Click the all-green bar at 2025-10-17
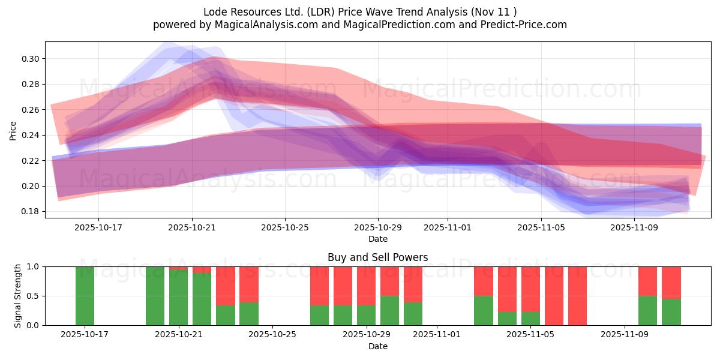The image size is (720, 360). pyautogui.click(x=85, y=296)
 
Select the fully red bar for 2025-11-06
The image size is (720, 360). pyautogui.click(x=554, y=296)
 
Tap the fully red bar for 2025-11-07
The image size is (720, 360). pyautogui.click(x=577, y=296)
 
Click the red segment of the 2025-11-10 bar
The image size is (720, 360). pyautogui.click(x=647, y=281)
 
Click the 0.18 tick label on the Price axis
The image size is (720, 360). pyautogui.click(x=31, y=212)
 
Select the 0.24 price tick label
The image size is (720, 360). pyautogui.click(x=31, y=135)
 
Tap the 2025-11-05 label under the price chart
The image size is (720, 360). pyautogui.click(x=541, y=228)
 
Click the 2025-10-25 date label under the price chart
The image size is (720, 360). pyautogui.click(x=285, y=228)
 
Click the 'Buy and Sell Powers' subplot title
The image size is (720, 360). pyautogui.click(x=377, y=257)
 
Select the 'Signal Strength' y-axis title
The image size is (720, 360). pyautogui.click(x=18, y=296)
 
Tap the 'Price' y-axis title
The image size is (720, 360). pyautogui.click(x=13, y=130)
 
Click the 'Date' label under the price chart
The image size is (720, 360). pyautogui.click(x=377, y=239)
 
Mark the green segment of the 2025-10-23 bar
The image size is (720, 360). pyautogui.click(x=225, y=316)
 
